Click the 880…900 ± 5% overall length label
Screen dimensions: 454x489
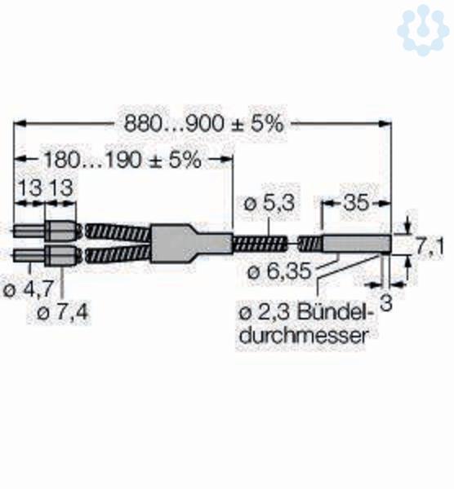coord(203,124)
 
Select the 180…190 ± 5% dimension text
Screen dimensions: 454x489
coord(122,161)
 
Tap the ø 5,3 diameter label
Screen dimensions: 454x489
coord(269,203)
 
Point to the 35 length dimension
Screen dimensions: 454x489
coord(356,203)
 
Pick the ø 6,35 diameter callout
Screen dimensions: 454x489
coord(279,271)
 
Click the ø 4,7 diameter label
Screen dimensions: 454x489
coord(28,291)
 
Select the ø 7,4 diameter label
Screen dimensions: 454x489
coord(63,312)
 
